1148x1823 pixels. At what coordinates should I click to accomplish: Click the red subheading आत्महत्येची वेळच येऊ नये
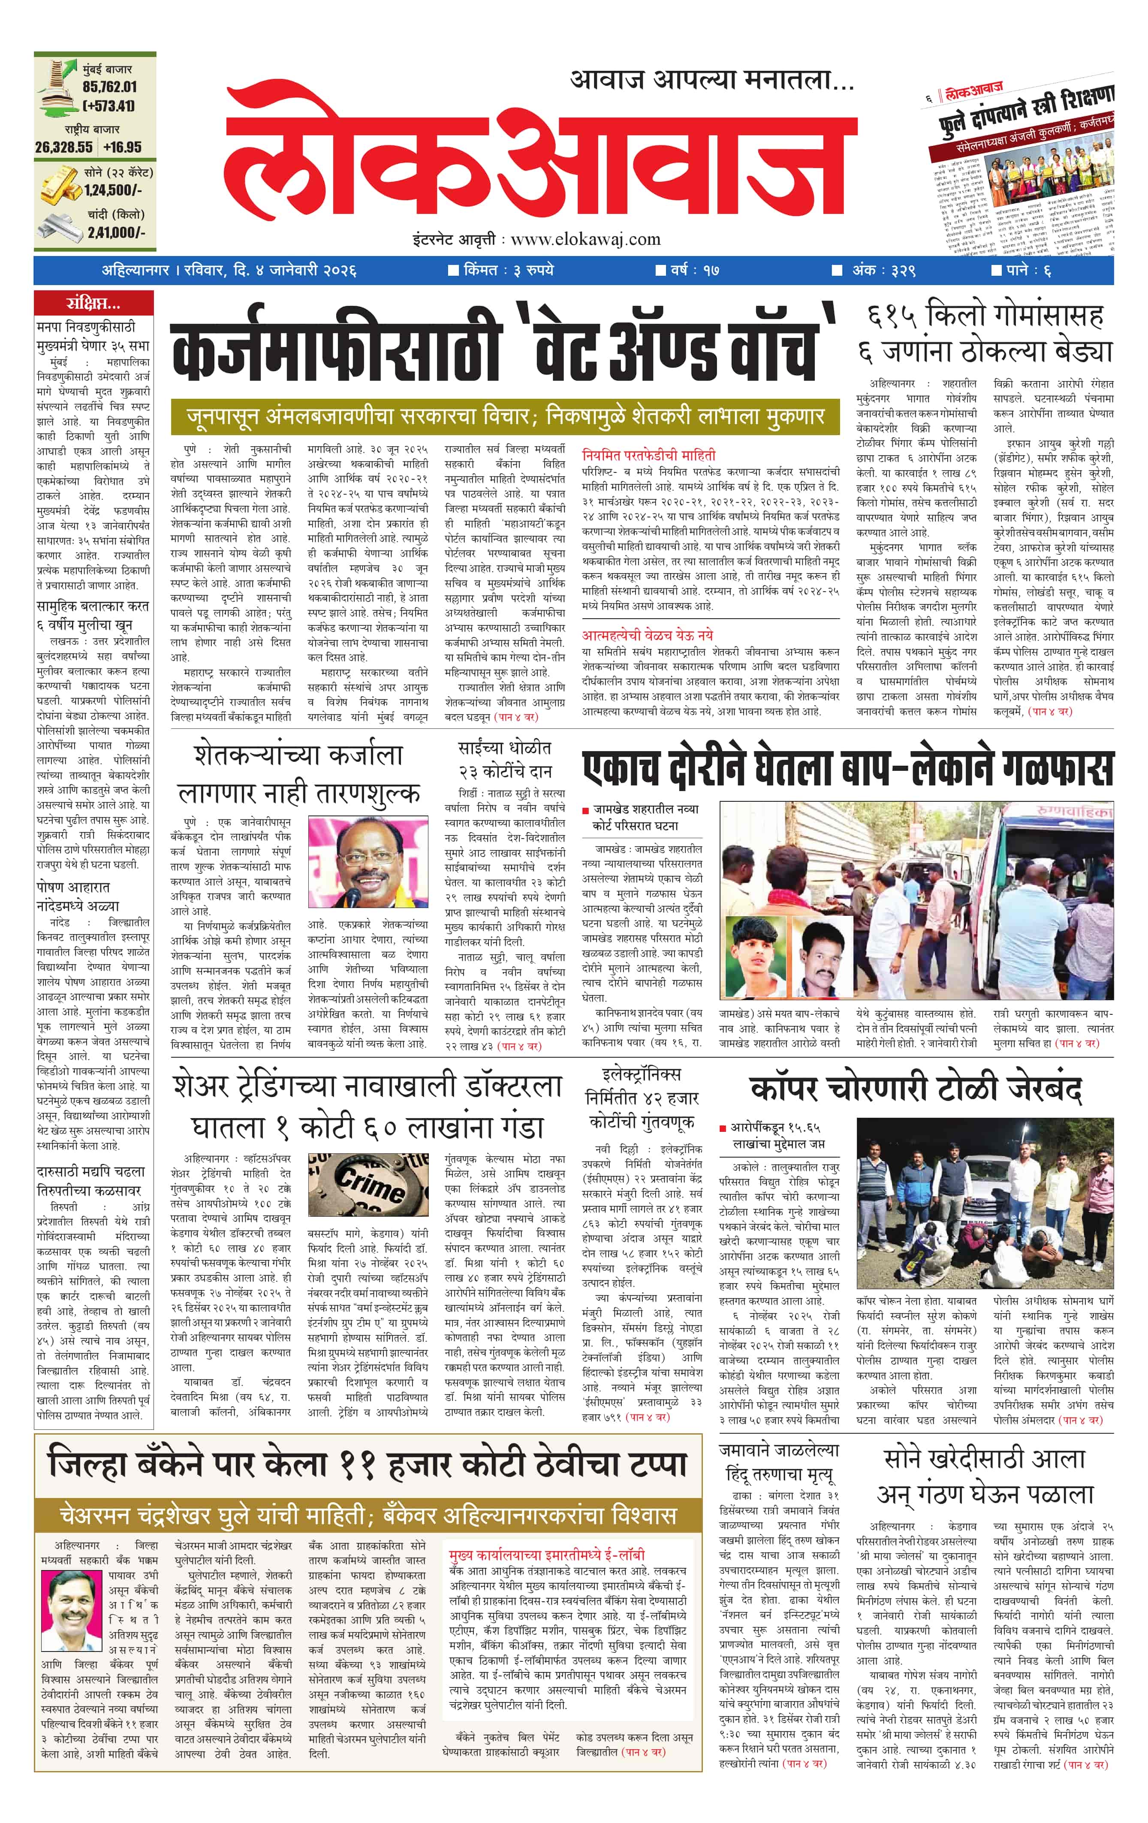click(x=648, y=635)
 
